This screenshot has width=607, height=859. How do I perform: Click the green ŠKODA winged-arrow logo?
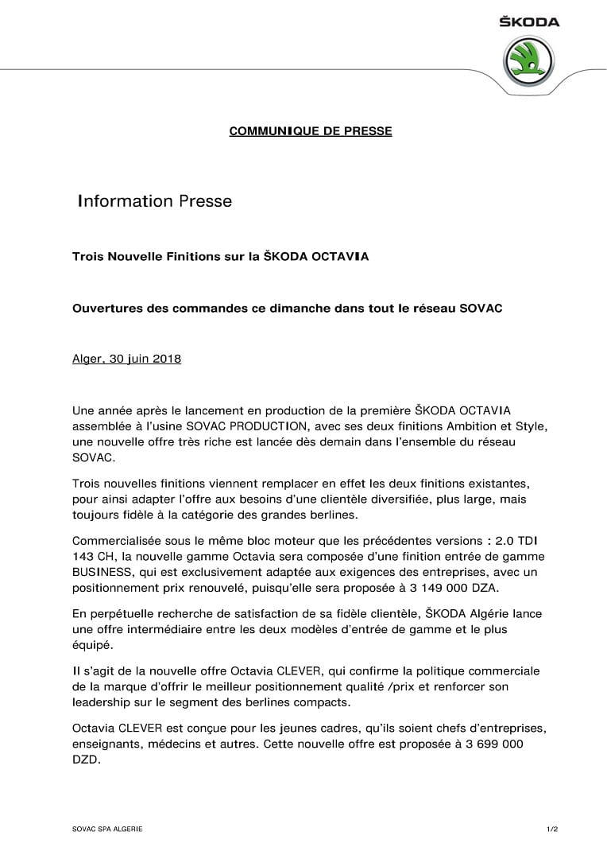529,60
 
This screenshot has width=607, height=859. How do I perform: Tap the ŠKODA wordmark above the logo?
529,22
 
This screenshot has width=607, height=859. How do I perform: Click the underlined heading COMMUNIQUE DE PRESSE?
310,131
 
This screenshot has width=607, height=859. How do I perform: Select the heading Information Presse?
154,201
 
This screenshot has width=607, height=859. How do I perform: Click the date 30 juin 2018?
145,359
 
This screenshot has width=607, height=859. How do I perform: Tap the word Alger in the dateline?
87,359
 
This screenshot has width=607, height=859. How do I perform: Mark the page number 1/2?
552,830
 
